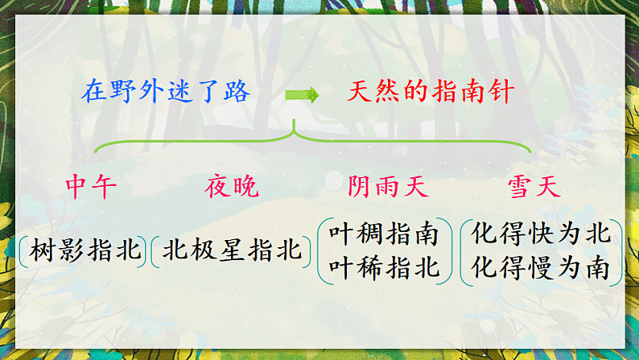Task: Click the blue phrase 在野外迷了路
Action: pos(166,92)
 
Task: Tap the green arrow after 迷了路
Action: pos(302,94)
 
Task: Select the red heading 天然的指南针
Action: pos(430,92)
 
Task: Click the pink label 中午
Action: pos(91,188)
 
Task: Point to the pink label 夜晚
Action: pos(232,188)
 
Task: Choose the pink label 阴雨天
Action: pos(388,188)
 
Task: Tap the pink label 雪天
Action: pos(533,188)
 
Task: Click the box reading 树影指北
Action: pos(85,250)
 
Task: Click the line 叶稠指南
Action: pos(385,234)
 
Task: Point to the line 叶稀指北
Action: pos(385,267)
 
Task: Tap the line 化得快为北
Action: pos(541,234)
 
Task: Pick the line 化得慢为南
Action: pos(541,267)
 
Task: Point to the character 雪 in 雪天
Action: pos(519,188)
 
